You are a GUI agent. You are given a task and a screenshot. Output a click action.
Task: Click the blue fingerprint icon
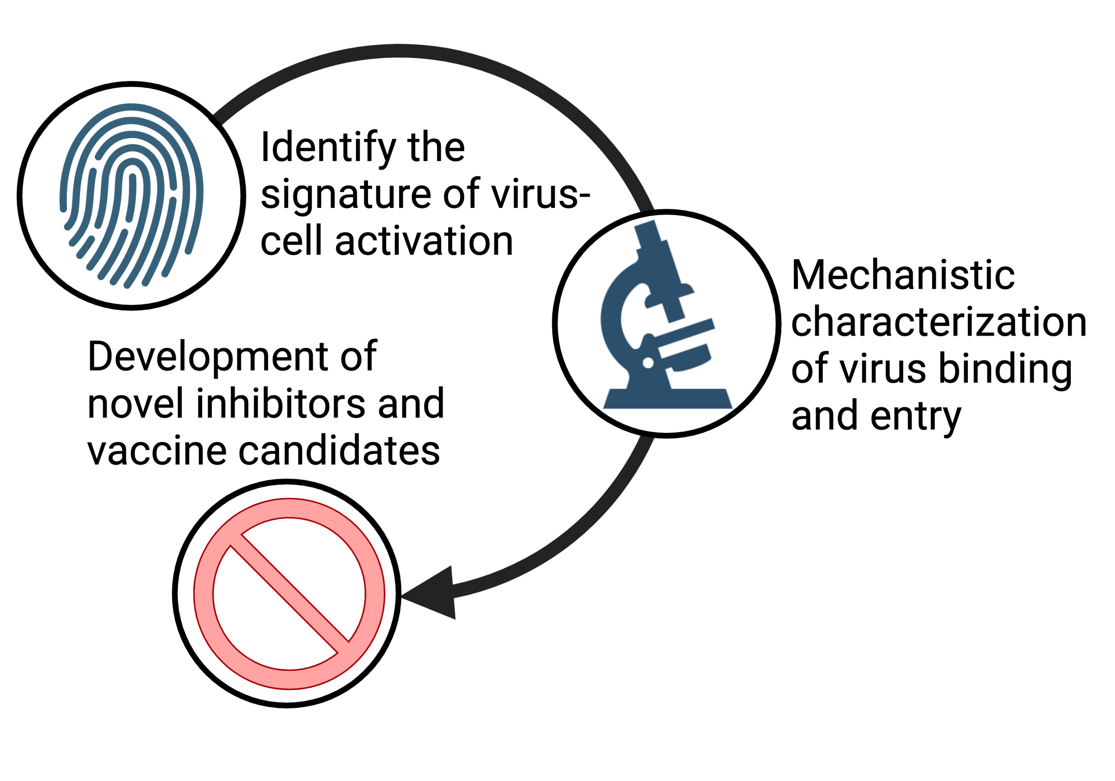(x=131, y=195)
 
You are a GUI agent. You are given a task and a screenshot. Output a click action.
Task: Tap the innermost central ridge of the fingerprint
(x=132, y=195)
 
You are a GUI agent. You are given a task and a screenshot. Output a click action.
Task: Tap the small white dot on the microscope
(x=648, y=362)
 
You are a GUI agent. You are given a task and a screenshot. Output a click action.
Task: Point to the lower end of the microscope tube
(x=676, y=313)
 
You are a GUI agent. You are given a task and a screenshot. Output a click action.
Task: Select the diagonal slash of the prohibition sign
(x=289, y=594)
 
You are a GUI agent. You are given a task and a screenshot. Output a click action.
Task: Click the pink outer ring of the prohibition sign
(x=204, y=594)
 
